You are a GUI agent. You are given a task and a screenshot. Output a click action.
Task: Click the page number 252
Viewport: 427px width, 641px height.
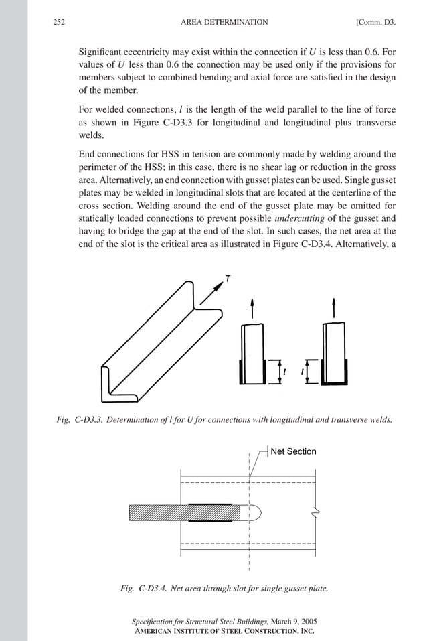click(x=60, y=22)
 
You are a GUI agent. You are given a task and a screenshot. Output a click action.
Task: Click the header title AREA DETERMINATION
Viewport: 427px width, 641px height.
click(x=224, y=22)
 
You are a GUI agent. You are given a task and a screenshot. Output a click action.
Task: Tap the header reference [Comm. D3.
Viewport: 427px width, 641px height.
click(x=375, y=22)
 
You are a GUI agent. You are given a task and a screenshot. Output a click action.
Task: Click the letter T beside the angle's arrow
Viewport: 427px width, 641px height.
click(x=228, y=279)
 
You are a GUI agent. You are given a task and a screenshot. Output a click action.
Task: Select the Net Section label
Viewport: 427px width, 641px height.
click(x=293, y=451)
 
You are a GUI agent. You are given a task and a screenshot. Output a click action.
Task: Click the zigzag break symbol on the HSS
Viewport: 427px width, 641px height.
click(x=316, y=512)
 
